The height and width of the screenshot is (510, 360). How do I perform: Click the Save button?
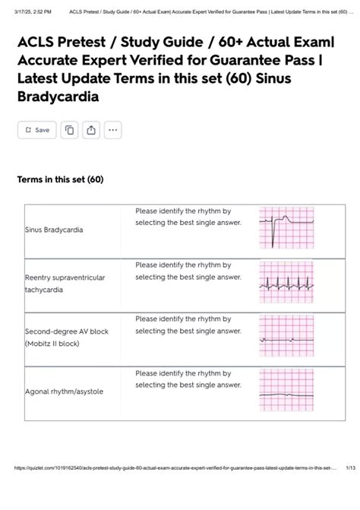pyautogui.click(x=36, y=130)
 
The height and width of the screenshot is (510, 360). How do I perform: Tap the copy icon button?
pyautogui.click(x=69, y=130)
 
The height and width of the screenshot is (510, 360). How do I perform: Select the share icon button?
pyautogui.click(x=91, y=130)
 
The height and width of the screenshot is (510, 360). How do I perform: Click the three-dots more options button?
pyautogui.click(x=112, y=130)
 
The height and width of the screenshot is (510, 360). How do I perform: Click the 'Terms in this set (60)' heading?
pyautogui.click(x=60, y=180)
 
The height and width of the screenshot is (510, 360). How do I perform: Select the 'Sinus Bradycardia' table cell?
pyautogui.click(x=55, y=229)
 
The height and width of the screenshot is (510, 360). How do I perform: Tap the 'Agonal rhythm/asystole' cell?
pyautogui.click(x=64, y=391)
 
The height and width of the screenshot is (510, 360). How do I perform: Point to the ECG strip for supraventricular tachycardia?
pyautogui.click(x=286, y=281)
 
